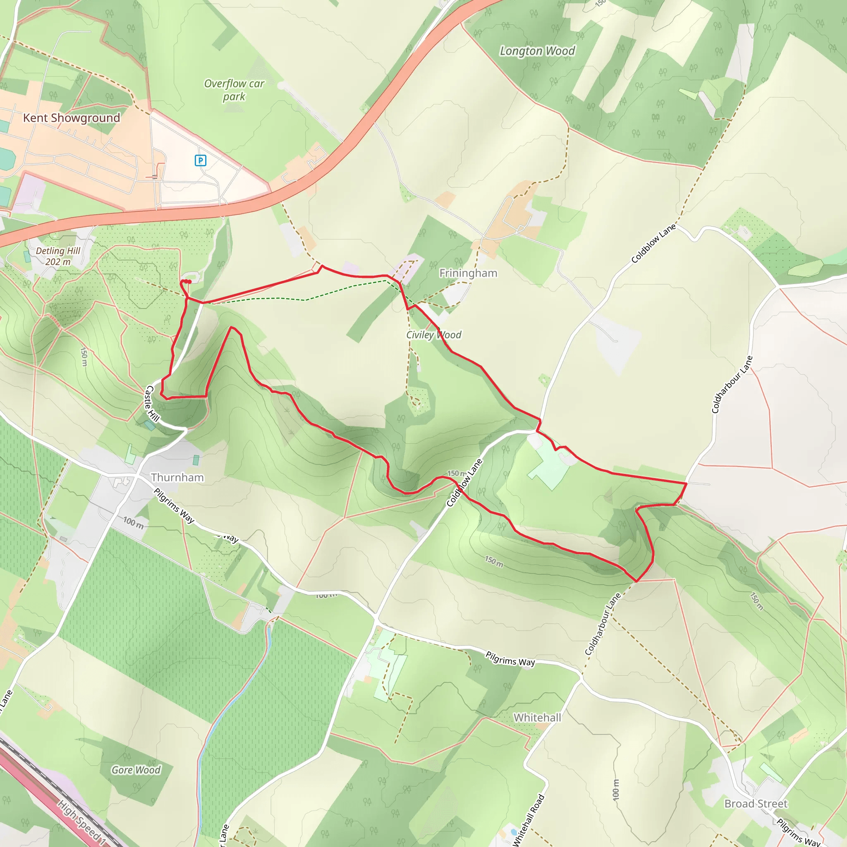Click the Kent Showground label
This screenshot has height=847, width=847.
72,117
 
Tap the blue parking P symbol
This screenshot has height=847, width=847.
200,160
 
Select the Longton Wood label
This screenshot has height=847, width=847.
537,51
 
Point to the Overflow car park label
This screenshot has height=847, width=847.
234,90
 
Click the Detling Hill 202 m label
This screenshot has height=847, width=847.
58,256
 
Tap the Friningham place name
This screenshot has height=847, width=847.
468,273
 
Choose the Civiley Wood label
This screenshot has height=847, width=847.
433,335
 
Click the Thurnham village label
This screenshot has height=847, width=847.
177,477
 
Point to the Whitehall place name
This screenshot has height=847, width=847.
537,718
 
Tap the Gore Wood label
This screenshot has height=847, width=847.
136,770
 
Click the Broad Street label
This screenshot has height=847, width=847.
756,804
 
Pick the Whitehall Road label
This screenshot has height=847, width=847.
529,820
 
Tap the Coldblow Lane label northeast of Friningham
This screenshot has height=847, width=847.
653,243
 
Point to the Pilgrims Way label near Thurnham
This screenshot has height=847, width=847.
174,505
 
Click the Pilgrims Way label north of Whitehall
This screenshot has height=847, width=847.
510,658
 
